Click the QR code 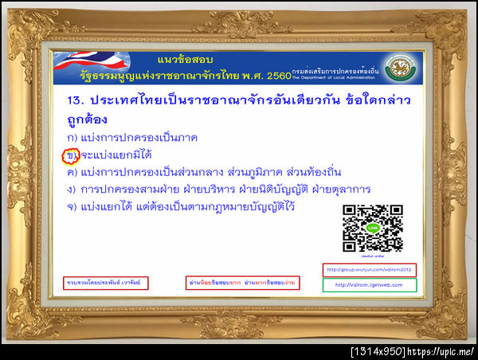pos(372,229)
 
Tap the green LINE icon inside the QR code pos(372,229)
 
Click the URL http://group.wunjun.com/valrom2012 pos(370,269)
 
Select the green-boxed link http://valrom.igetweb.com pos(370,284)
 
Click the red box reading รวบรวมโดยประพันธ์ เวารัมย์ pos(105,283)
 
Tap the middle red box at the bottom pos(241,283)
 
